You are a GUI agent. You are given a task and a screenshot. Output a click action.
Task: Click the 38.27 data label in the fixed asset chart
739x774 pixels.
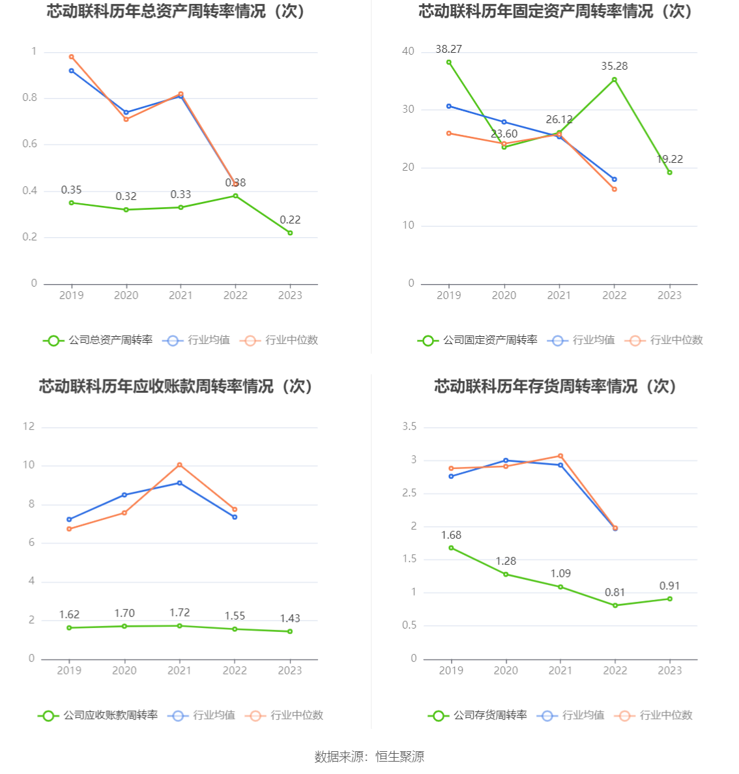click(x=448, y=49)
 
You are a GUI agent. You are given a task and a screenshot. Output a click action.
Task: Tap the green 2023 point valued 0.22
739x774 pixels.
click(x=290, y=233)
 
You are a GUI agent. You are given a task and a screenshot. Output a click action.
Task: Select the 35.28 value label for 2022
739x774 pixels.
click(x=614, y=66)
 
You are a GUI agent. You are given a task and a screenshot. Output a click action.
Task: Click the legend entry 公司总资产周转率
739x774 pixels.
click(x=98, y=340)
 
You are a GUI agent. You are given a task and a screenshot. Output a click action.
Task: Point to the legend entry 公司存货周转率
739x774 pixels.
click(x=478, y=715)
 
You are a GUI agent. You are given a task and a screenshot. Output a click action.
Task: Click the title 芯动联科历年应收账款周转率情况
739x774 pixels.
click(x=177, y=386)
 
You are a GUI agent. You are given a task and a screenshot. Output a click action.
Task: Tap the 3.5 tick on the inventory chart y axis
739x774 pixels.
click(x=409, y=427)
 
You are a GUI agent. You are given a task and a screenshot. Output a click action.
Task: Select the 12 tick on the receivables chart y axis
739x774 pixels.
click(x=29, y=427)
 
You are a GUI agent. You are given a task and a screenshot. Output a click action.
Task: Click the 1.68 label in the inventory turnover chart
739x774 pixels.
click(x=451, y=535)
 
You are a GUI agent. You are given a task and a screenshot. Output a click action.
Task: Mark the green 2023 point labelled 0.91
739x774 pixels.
click(x=669, y=599)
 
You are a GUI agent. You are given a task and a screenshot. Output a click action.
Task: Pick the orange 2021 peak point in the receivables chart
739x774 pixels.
click(x=179, y=465)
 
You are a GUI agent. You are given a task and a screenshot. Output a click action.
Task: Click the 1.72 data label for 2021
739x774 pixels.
click(x=179, y=612)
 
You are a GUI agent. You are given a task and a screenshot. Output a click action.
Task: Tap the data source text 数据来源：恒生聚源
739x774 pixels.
click(x=369, y=756)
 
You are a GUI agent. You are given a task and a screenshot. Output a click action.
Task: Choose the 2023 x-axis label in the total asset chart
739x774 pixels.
click(x=290, y=296)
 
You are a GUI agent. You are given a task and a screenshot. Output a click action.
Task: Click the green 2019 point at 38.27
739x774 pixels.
click(x=448, y=63)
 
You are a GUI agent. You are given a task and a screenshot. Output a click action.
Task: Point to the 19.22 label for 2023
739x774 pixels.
click(x=669, y=159)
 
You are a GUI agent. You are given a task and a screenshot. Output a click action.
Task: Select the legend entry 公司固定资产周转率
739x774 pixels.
click(x=478, y=340)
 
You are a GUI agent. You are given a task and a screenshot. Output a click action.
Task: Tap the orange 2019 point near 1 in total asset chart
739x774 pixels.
click(x=71, y=57)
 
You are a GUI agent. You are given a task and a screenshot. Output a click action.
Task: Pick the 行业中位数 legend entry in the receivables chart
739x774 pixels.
click(x=285, y=715)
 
